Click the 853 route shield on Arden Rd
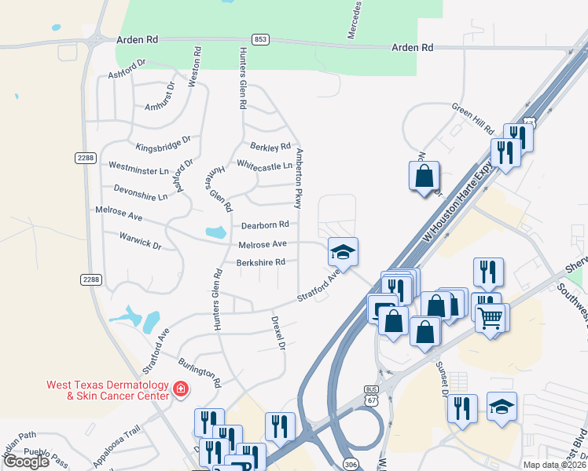point(259,38)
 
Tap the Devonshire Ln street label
point(141,193)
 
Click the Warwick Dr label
point(140,239)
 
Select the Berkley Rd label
point(270,147)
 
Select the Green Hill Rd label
point(472,119)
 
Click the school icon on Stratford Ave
point(343,252)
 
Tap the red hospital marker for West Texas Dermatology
point(180,389)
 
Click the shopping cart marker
point(491,318)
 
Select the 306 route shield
point(350,465)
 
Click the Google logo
point(26,462)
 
